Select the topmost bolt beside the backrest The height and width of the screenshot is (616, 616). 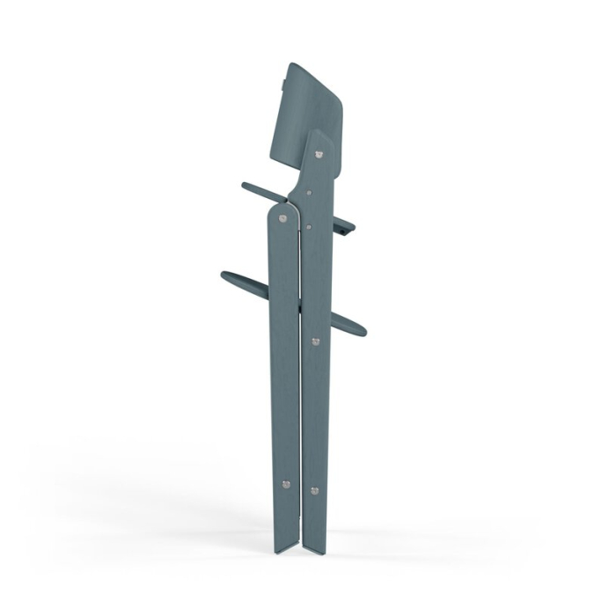pos(319,153)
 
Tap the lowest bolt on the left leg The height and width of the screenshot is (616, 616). pos(284,483)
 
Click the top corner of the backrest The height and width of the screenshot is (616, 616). pos(290,67)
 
